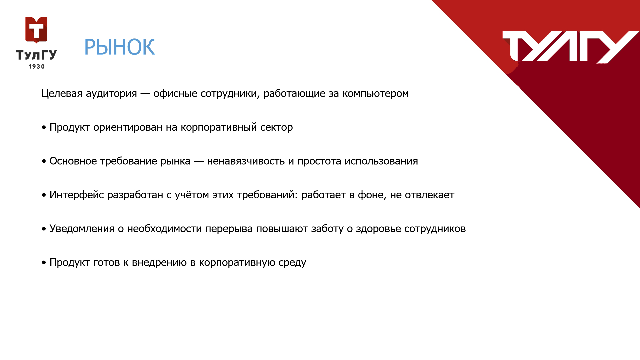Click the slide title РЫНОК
[x=119, y=47]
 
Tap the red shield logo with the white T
[x=36, y=30]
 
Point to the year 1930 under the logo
[x=37, y=67]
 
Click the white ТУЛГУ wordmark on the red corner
[x=571, y=47]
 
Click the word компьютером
[x=376, y=94]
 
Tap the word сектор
[x=276, y=127]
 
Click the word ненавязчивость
[x=245, y=161]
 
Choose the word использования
[x=381, y=161]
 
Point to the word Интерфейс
[x=77, y=195]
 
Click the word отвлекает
[x=430, y=195]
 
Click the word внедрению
[x=159, y=263]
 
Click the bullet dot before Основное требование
[x=44, y=162]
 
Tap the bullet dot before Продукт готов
[x=44, y=263]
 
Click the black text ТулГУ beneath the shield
[x=37, y=55]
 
